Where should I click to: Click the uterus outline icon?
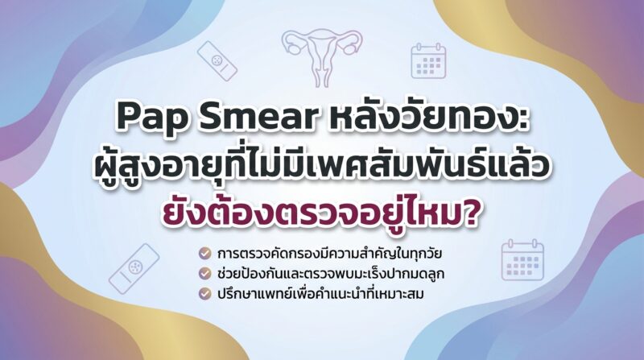[322, 56]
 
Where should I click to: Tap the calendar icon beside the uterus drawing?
[428, 61]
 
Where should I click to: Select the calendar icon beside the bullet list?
[522, 260]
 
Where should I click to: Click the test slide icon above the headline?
[217, 61]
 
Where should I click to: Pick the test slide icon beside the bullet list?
[134, 268]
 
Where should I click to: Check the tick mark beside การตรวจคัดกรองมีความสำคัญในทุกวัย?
[205, 254]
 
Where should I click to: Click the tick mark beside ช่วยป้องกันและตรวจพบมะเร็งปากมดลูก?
[205, 274]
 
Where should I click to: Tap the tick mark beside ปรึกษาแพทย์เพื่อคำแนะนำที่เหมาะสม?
[205, 294]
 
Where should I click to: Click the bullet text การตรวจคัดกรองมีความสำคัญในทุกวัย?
[329, 253]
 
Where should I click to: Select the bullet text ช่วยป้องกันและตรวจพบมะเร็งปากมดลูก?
[331, 273]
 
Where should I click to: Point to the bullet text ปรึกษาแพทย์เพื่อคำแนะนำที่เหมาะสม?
[320, 293]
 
